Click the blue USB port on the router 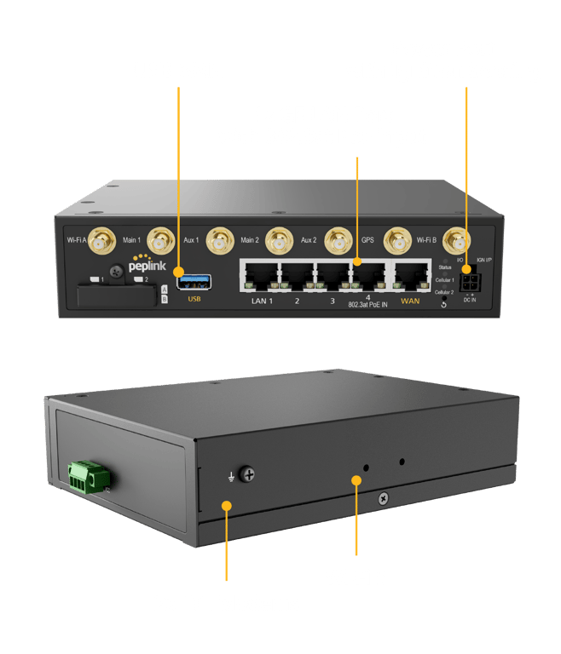coord(194,277)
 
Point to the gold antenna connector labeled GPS coord(339,241)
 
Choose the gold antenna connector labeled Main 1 coord(159,242)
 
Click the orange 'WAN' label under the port coord(410,301)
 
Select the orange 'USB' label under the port coord(194,299)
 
